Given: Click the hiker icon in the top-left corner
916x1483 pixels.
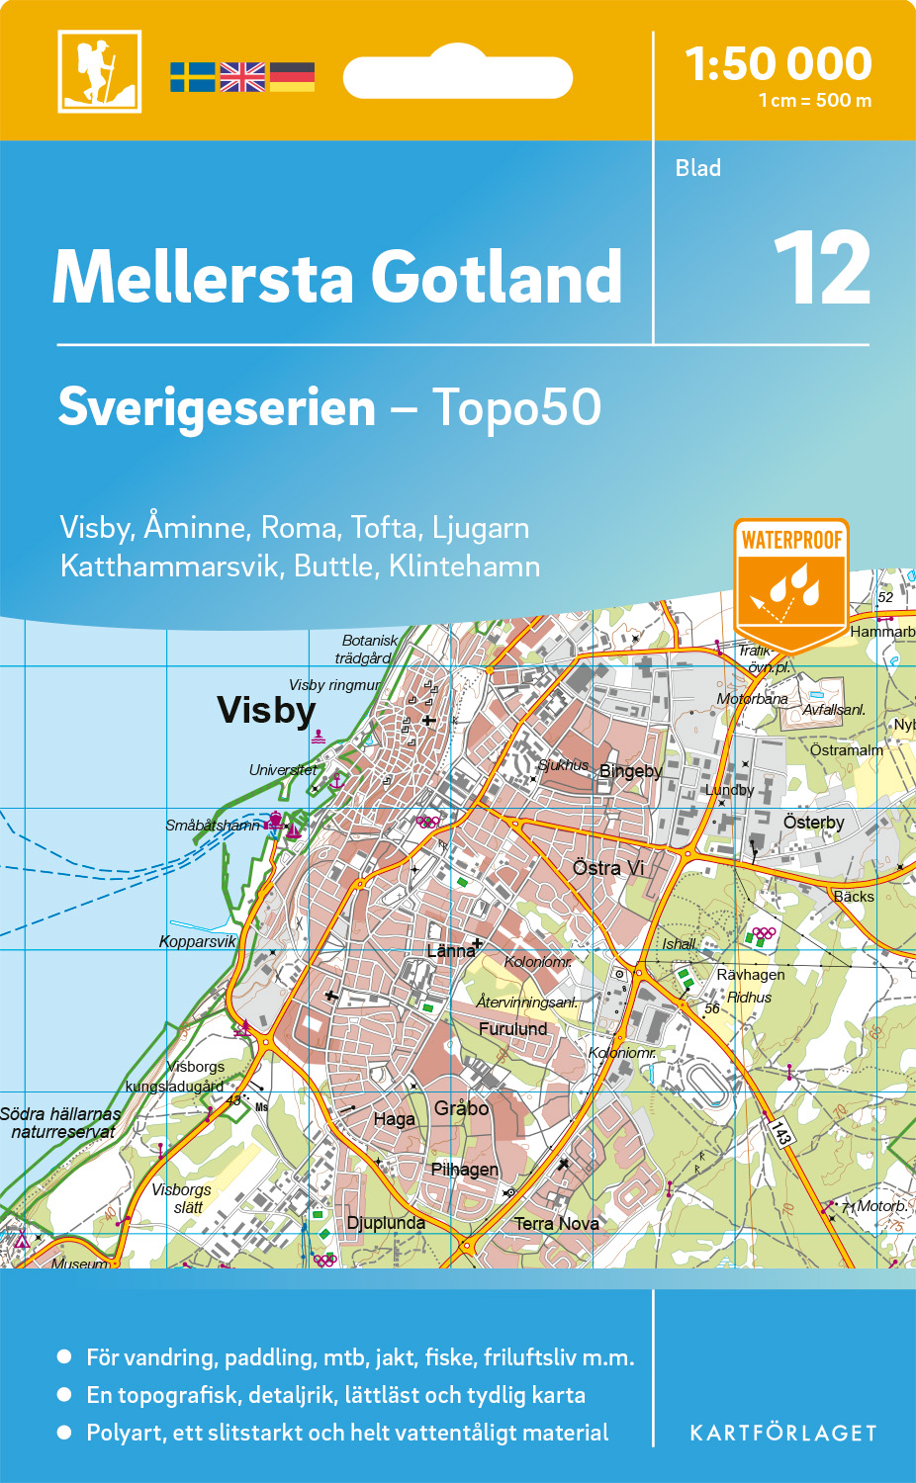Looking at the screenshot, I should [x=99, y=71].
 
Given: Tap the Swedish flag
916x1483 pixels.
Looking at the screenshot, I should [x=192, y=77].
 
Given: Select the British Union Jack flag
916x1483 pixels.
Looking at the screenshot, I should [x=242, y=77].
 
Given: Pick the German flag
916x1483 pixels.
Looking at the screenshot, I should [x=292, y=77].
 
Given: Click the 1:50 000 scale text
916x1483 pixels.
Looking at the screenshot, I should [x=779, y=64].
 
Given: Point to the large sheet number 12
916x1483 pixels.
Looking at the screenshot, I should [x=822, y=269].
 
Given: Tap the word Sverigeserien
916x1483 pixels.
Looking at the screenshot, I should [x=218, y=407].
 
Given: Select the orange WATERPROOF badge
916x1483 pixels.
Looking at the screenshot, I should [x=791, y=583].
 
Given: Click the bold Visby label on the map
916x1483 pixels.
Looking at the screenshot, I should [x=266, y=710].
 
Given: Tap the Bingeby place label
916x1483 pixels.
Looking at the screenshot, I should [x=630, y=771].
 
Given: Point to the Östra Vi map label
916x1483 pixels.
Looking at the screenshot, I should [x=608, y=868].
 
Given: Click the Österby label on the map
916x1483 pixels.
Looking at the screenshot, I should [x=813, y=823].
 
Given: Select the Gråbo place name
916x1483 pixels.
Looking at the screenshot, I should [x=461, y=1108].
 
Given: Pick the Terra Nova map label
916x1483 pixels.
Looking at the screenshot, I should [x=556, y=1224].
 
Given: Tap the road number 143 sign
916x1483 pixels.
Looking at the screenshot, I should [x=781, y=1131].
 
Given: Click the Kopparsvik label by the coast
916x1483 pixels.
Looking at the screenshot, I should [x=198, y=941].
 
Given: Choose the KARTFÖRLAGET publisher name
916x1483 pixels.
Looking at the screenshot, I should [x=782, y=1434].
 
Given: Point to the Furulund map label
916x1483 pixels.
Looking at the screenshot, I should [x=512, y=1029].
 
